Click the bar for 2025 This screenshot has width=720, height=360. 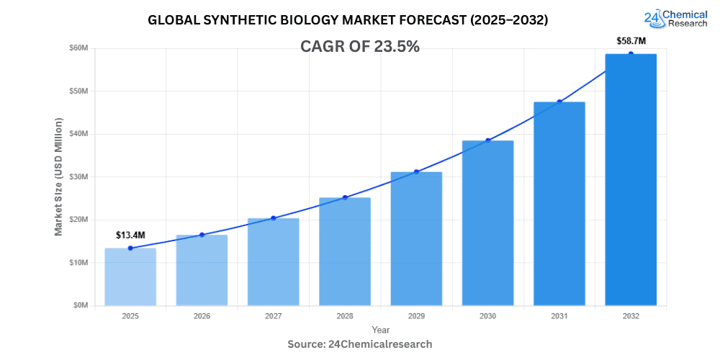pos(130,276)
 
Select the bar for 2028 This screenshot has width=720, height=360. pos(345,251)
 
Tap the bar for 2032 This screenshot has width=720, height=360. pos(631,179)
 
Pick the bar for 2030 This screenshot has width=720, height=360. pos(487,222)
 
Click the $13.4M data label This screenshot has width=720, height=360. pos(130,235)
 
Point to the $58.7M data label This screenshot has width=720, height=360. pos(631,41)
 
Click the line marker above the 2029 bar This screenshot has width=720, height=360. pos(416,172)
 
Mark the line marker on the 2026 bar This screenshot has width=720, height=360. pos(202,235)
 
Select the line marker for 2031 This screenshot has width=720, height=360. pos(559,102)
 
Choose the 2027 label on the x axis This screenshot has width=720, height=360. pos(273,315)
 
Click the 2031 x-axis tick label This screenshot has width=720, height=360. pos(559,315)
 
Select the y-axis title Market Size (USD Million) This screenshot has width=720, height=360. pos(58,176)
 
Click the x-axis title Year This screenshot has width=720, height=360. pos(381,329)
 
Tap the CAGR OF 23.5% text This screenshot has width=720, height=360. pos(359,47)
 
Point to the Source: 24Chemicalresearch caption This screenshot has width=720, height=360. pos(359,344)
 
